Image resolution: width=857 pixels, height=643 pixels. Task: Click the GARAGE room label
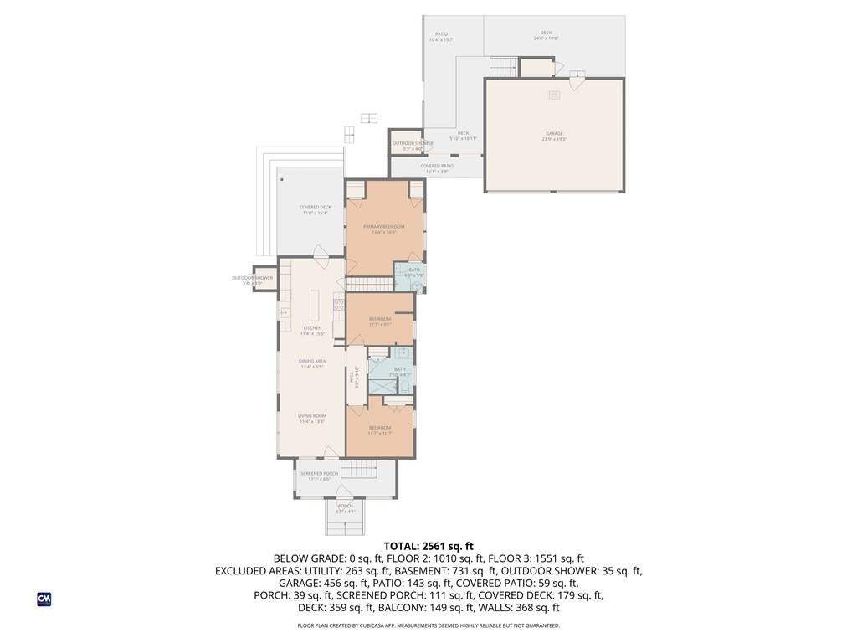coord(554,134)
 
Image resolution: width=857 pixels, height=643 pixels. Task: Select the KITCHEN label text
coord(312,329)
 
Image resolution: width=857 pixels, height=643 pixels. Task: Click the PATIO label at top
coord(441,35)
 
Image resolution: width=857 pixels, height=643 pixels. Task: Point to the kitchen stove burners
coord(339,304)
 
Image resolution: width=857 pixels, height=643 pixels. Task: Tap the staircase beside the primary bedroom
coord(369,285)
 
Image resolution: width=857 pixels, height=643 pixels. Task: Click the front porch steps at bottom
coord(346,526)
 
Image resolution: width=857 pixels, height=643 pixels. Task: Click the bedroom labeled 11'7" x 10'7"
coord(380,430)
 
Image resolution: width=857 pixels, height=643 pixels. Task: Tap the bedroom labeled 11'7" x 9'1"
coord(380,321)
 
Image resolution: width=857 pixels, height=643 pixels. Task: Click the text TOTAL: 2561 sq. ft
coord(428,546)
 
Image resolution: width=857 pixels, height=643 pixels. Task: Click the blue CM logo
coord(44,599)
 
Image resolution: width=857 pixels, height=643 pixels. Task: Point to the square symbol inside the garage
coord(554,95)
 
